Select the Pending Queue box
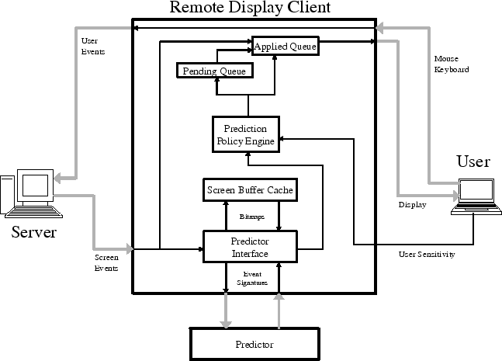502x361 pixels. click(214, 71)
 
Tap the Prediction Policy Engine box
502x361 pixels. click(246, 134)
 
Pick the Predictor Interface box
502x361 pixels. click(250, 246)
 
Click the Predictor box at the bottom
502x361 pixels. click(254, 343)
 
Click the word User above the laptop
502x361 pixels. click(473, 162)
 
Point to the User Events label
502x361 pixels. click(92, 46)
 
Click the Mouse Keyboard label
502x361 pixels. click(451, 64)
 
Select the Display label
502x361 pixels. click(411, 206)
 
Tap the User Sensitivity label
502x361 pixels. click(427, 254)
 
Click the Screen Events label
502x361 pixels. click(106, 262)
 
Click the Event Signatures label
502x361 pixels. click(252, 279)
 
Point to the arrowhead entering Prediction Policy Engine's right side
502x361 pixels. click(283, 138)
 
